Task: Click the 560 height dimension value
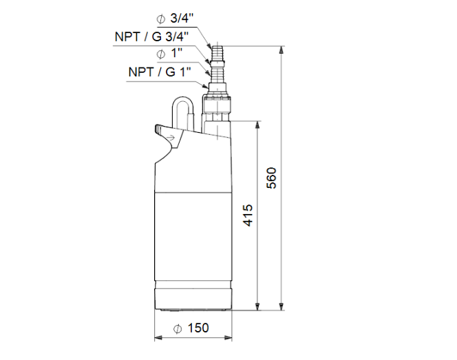pyautogui.click(x=272, y=178)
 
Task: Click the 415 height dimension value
pyautogui.click(x=248, y=215)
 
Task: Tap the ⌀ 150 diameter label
pyautogui.click(x=191, y=328)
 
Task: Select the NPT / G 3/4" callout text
pyautogui.click(x=151, y=36)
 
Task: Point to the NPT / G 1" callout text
pyautogui.click(x=160, y=72)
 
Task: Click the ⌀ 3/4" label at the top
pyautogui.click(x=175, y=19)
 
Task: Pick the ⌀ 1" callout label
pyautogui.click(x=169, y=54)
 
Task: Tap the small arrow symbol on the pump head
pyautogui.click(x=171, y=137)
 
